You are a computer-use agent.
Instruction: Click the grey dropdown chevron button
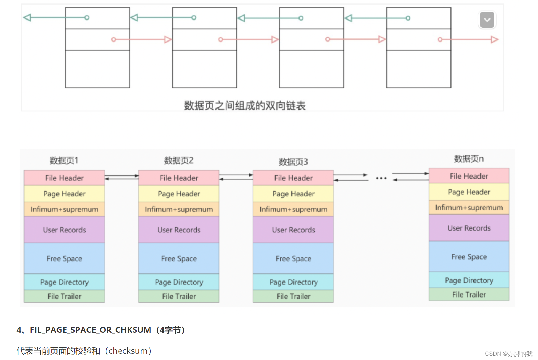(487, 20)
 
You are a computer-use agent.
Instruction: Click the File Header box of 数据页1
(65, 178)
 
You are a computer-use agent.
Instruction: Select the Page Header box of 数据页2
(179, 194)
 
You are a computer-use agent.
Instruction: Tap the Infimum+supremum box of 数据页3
(293, 209)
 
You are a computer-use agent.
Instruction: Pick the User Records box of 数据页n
(469, 228)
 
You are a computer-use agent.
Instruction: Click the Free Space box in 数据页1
(65, 258)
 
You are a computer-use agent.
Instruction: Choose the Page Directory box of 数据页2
(179, 282)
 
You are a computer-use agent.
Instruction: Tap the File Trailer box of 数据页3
(293, 296)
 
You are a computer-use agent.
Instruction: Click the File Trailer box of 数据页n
(469, 294)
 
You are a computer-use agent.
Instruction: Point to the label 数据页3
(293, 162)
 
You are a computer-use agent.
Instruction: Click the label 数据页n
(469, 159)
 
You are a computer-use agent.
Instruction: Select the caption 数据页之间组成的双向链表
(245, 105)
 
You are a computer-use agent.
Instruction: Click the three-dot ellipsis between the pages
(381, 178)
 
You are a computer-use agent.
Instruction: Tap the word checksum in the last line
(128, 351)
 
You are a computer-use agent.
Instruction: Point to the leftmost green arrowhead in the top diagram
(27, 17)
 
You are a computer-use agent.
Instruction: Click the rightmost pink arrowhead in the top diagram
(494, 39)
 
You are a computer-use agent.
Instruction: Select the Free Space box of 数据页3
(293, 258)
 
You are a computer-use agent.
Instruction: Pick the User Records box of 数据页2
(179, 230)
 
